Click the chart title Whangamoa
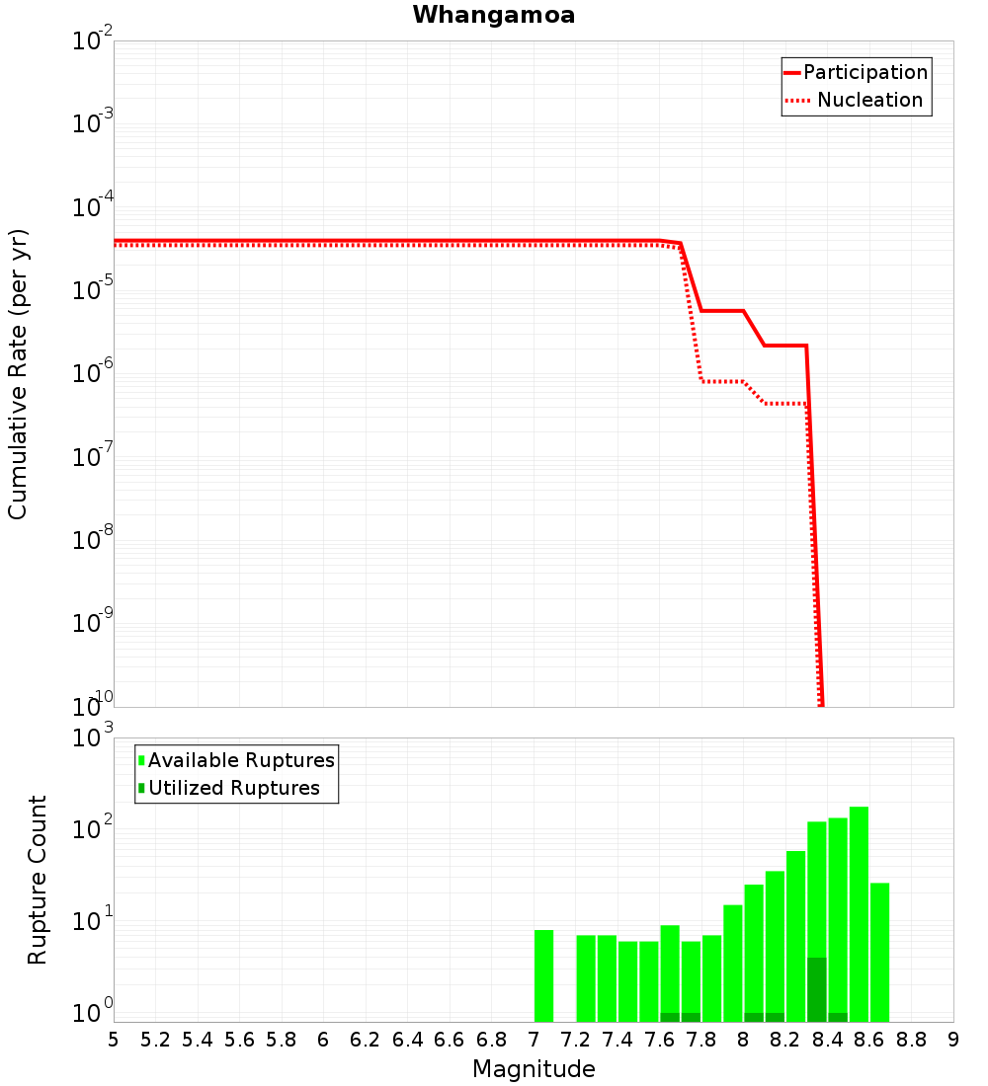(x=494, y=15)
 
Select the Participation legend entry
(x=856, y=73)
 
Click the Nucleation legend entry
(x=856, y=101)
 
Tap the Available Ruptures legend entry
(x=236, y=761)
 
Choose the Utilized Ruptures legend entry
(x=228, y=789)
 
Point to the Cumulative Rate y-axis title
(x=19, y=373)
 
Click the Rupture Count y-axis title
(x=38, y=879)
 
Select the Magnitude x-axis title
(x=534, y=1069)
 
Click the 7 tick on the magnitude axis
(x=534, y=1040)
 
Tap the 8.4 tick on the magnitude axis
(x=828, y=1040)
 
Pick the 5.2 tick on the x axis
(x=155, y=1040)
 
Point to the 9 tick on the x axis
(x=953, y=1040)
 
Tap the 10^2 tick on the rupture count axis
(x=92, y=830)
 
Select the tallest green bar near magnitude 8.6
(x=859, y=914)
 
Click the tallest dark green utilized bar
(x=817, y=989)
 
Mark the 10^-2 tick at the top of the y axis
(x=92, y=41)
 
